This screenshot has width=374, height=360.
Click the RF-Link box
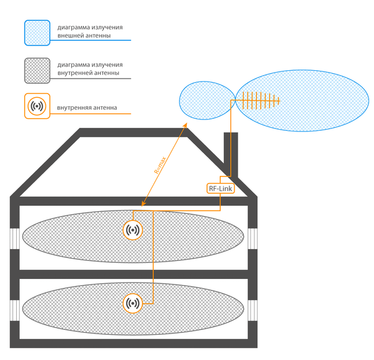(x=221, y=188)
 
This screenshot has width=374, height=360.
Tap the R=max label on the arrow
(x=160, y=165)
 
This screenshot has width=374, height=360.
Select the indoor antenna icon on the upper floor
(x=133, y=230)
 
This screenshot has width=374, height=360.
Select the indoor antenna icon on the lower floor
(x=133, y=303)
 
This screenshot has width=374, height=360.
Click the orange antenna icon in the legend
(x=37, y=106)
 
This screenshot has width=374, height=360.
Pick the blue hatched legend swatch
(x=37, y=33)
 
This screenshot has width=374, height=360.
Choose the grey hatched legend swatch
(x=37, y=71)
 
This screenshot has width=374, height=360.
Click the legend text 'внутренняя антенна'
(x=87, y=108)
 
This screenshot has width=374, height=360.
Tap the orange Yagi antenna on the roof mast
(x=261, y=101)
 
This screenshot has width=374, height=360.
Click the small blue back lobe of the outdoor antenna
(x=207, y=100)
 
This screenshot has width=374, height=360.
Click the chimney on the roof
(x=231, y=154)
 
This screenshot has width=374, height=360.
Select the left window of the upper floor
(x=14, y=239)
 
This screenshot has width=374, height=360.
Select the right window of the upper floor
(x=253, y=239)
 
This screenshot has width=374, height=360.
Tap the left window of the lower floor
(x=14, y=310)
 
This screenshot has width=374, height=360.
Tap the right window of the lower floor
(x=253, y=310)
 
